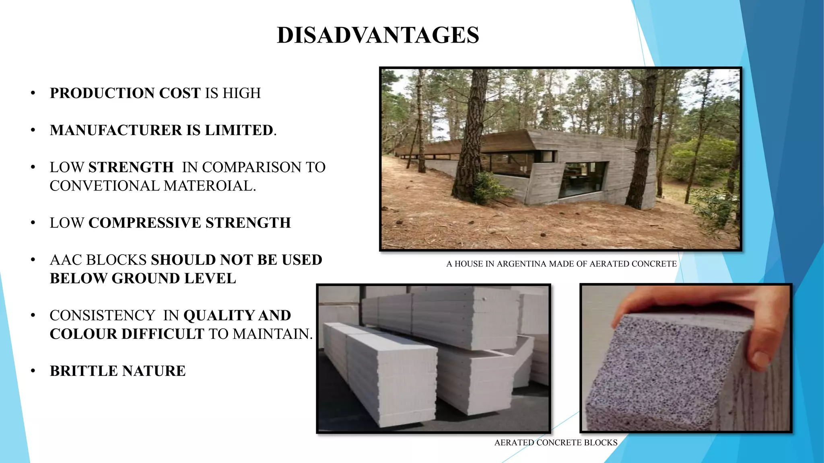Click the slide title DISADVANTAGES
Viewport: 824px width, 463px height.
pyautogui.click(x=378, y=35)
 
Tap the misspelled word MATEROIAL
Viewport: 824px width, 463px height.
pyautogui.click(x=209, y=186)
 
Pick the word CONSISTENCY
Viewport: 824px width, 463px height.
pyautogui.click(x=102, y=315)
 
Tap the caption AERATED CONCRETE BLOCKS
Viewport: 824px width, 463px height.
pyautogui.click(x=556, y=443)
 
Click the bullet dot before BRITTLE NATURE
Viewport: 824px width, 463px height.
pyautogui.click(x=33, y=371)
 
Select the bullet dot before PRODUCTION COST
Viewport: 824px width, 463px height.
pyautogui.click(x=33, y=93)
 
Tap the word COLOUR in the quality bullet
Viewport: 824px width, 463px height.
pyautogui.click(x=83, y=334)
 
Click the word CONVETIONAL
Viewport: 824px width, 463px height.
pyautogui.click(x=104, y=186)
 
